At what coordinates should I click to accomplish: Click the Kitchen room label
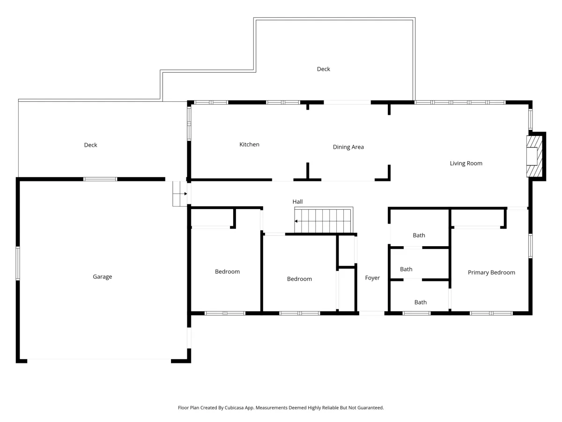[249, 144]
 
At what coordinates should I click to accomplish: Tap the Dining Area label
[348, 147]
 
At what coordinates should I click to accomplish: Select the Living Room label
[466, 164]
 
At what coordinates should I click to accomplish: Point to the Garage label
[103, 277]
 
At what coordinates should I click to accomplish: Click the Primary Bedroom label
[491, 272]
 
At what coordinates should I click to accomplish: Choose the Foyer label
[372, 278]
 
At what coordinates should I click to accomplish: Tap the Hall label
[297, 202]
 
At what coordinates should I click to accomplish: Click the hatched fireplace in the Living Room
[534, 156]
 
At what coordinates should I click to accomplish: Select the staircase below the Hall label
[324, 220]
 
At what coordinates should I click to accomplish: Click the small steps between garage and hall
[180, 194]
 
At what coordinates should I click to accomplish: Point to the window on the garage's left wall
[18, 263]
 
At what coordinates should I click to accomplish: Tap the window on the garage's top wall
[100, 179]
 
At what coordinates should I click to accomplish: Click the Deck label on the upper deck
[323, 69]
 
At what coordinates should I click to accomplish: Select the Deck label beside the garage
[91, 145]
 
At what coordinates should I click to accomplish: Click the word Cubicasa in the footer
[234, 407]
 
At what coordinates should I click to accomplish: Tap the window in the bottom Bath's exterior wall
[416, 313]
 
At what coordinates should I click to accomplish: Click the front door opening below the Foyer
[372, 313]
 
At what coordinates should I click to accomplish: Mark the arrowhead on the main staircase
[296, 221]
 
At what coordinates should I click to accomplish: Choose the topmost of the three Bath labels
[419, 235]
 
